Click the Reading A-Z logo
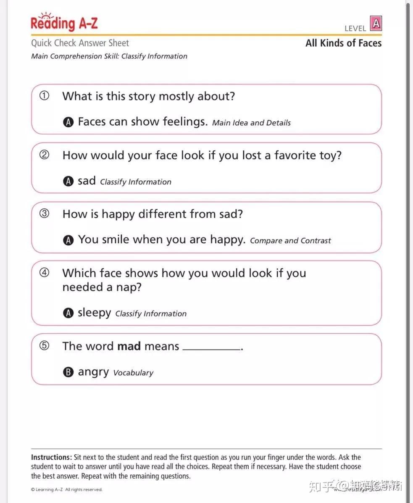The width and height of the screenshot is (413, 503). coord(64,23)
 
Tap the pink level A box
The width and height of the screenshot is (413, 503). coord(376,23)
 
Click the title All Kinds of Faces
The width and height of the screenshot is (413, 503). coord(343,43)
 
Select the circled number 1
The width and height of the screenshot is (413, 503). coord(44,96)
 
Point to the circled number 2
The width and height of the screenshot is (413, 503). coord(44,155)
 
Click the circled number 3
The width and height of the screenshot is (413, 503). coord(44,213)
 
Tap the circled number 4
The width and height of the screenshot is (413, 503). coord(44,273)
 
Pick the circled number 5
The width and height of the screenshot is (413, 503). coord(44,345)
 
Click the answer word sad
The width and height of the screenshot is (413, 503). coord(87,181)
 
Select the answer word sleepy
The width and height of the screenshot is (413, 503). coord(94,313)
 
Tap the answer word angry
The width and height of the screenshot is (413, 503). coord(93,372)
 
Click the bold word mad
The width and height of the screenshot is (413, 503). coord(129,346)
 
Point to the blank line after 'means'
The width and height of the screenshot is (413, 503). coord(212,349)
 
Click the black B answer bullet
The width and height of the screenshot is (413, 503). coord(68,372)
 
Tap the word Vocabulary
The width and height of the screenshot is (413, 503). coord(133,373)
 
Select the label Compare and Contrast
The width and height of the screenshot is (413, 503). coord(290,241)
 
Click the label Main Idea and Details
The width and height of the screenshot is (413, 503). coord(251,123)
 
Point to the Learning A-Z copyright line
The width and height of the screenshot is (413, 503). coord(66,490)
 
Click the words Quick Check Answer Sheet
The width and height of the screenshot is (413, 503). coord(80,43)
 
